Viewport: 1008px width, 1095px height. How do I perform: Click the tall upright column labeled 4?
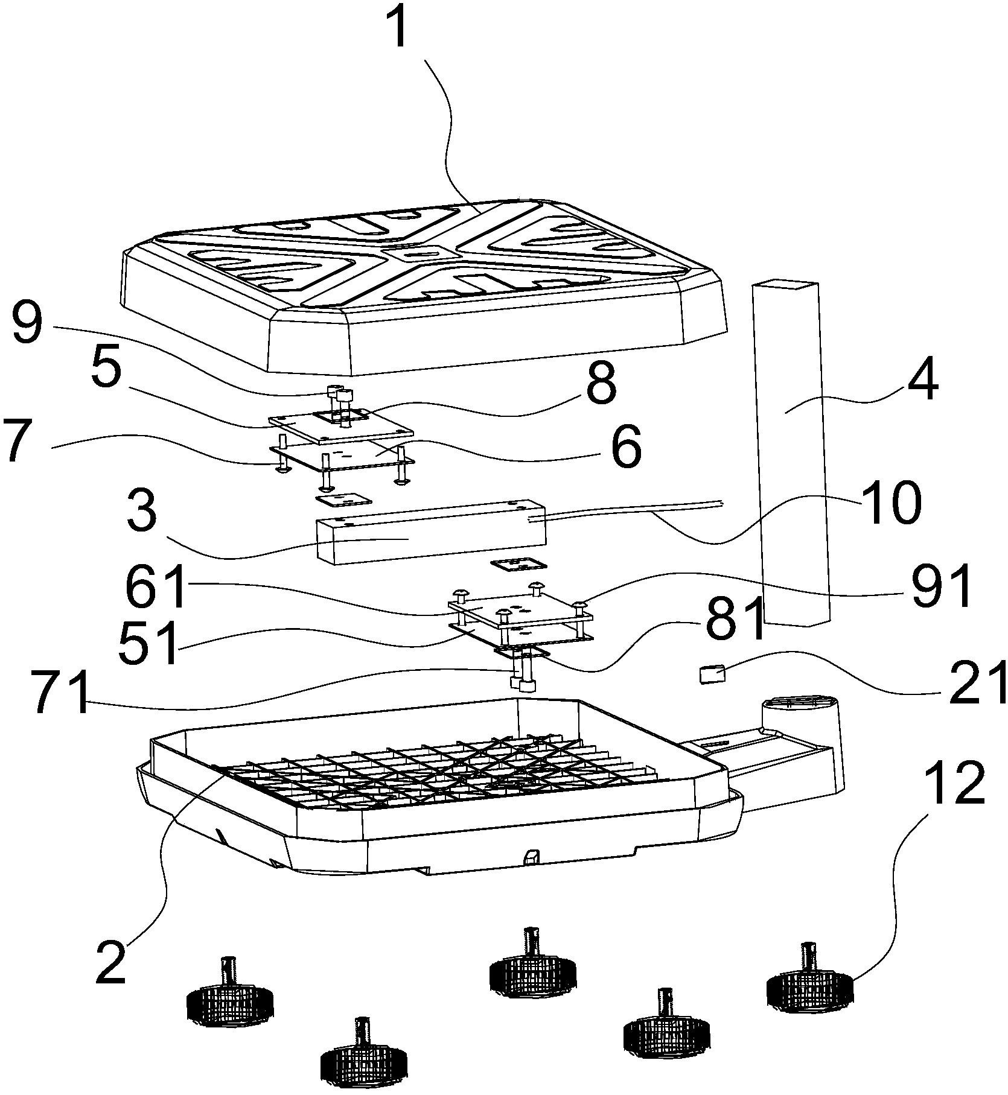click(x=791, y=452)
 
